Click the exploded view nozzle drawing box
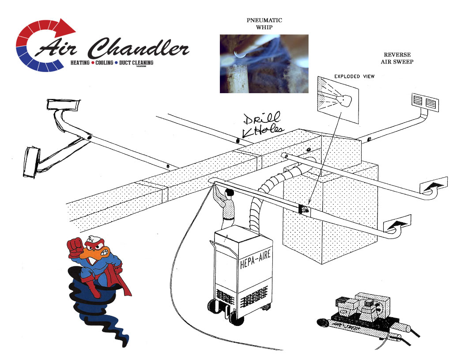coord(338,99)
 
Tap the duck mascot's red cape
coord(122,283)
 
